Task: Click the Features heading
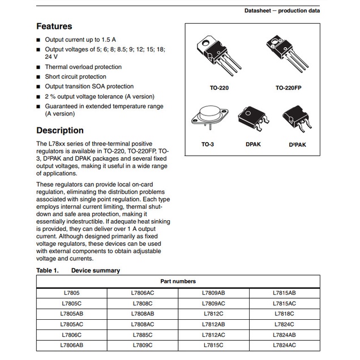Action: [54, 26]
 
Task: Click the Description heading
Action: [60, 130]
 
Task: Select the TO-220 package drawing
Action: [216, 55]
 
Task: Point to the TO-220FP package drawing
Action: [286, 54]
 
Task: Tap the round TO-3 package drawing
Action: [207, 120]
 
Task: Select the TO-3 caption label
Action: [208, 144]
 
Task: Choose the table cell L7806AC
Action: [142, 293]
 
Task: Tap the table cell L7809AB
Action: [213, 293]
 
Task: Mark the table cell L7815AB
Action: [284, 293]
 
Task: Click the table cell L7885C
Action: [142, 335]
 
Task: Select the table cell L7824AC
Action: [284, 345]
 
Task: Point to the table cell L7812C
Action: [213, 314]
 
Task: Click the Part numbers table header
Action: [178, 281]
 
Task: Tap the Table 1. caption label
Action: [48, 271]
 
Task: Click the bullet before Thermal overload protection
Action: [38, 67]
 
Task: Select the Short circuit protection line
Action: [75, 76]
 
